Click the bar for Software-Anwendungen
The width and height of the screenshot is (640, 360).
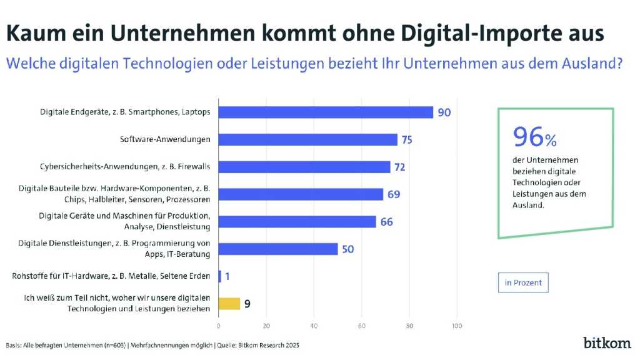307,139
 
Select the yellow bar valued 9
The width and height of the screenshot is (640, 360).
229,304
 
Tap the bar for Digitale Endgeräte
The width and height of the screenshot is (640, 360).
326,112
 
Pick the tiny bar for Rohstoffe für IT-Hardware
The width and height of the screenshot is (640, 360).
219,276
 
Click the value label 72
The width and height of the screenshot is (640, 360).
399,167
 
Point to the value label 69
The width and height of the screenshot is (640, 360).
393,194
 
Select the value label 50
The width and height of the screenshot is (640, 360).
347,249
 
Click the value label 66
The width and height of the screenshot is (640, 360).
386,222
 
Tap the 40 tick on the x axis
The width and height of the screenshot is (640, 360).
314,326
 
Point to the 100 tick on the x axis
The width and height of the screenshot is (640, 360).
457,326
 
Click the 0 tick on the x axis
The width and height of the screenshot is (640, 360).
218,326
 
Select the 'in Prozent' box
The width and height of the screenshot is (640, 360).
523,282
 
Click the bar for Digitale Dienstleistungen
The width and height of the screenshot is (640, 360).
278,249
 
